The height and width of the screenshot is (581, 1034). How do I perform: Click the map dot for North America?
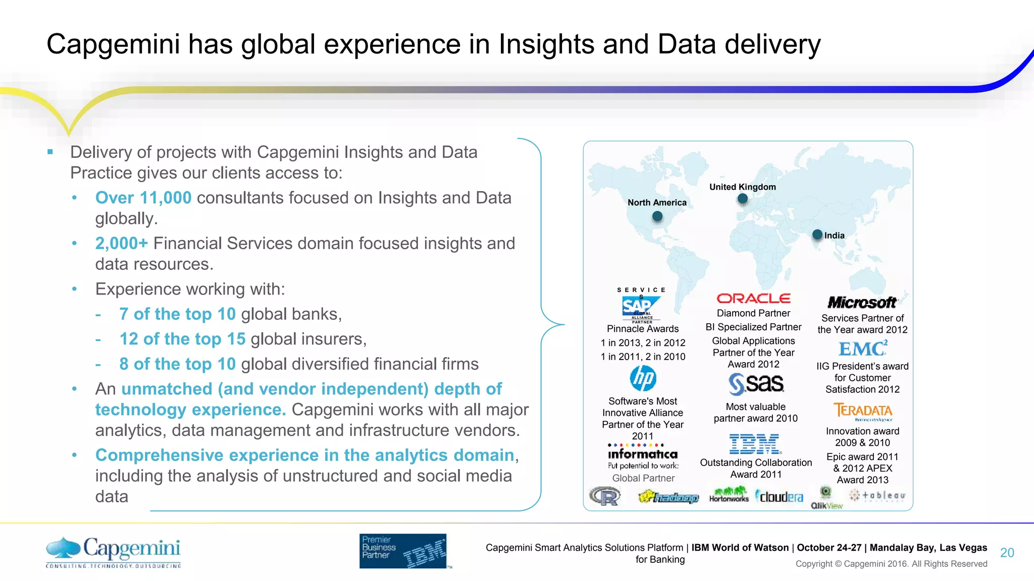click(657, 216)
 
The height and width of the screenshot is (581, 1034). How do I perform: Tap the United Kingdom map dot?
click(742, 199)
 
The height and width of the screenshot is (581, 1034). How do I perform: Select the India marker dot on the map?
click(817, 235)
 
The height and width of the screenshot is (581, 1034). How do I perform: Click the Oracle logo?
click(753, 299)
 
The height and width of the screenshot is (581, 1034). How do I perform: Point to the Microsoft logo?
click(862, 303)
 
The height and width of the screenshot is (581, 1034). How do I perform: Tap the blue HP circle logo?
click(643, 378)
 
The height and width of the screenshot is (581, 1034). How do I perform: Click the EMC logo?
click(863, 349)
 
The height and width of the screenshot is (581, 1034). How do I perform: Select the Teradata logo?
click(862, 411)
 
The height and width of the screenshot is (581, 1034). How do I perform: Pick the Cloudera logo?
click(780, 497)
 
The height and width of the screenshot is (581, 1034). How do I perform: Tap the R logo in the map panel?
click(605, 497)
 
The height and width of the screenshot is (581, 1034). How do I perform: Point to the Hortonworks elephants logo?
click(729, 495)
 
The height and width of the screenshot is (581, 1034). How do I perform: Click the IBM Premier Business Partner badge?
click(403, 551)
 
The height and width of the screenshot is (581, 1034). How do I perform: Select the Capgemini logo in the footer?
click(114, 551)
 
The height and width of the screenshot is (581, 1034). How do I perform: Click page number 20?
click(1007, 553)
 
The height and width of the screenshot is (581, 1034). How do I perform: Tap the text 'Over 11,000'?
click(143, 198)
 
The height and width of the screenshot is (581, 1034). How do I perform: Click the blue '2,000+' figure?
click(121, 243)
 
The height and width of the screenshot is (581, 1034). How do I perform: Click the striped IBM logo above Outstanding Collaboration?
click(755, 444)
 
